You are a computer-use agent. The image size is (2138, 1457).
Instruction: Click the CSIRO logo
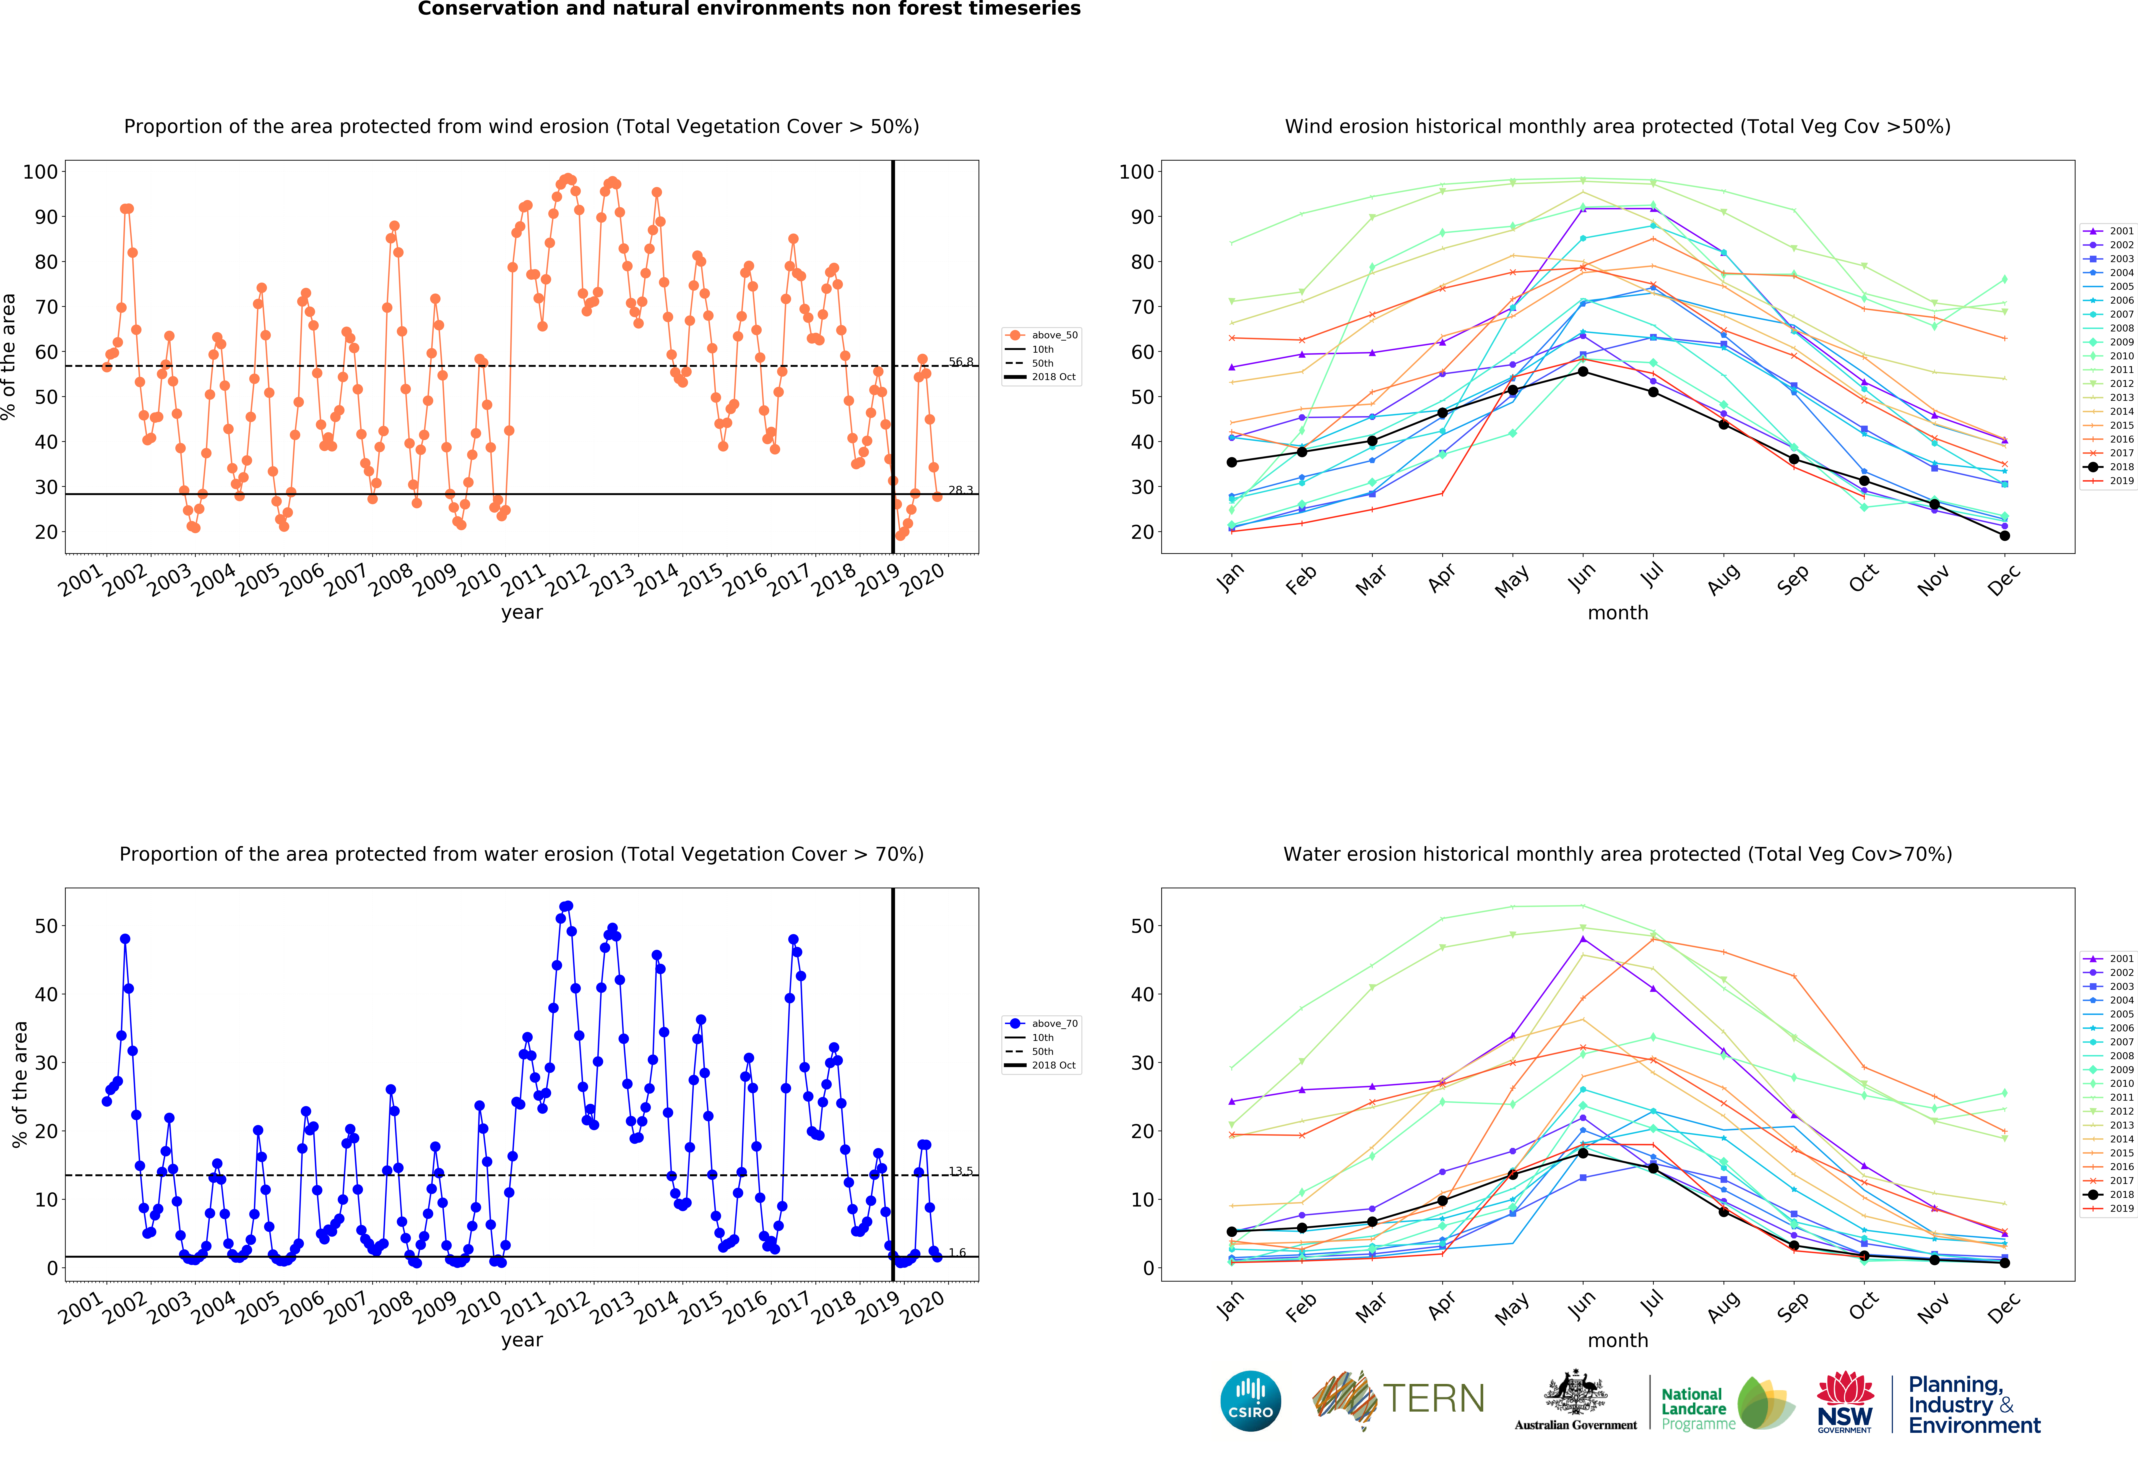(x=1250, y=1401)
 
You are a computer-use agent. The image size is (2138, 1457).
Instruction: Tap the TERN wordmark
(x=1433, y=1398)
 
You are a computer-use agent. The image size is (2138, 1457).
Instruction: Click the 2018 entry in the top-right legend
(x=2109, y=466)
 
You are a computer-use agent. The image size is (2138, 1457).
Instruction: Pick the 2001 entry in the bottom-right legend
(x=2109, y=959)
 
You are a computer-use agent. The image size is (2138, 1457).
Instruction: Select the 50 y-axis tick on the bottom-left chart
(x=46, y=926)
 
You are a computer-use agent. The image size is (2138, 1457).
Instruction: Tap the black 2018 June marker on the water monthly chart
(x=1582, y=1152)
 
